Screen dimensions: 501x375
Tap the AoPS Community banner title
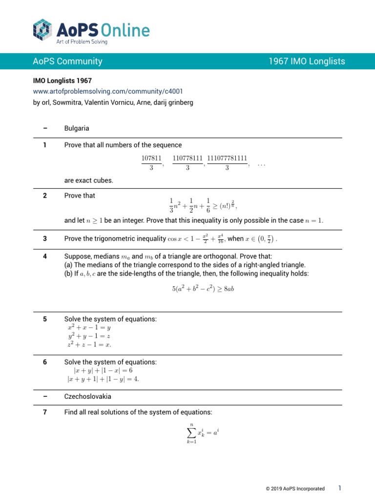click(x=67, y=61)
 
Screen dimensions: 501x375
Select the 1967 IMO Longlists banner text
click(x=307, y=61)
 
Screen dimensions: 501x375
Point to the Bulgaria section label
click(x=77, y=129)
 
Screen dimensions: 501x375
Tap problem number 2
click(x=45, y=196)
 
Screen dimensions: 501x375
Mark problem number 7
click(x=45, y=412)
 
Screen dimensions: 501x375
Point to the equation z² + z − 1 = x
click(x=89, y=344)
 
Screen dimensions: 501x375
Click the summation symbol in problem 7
click(x=192, y=433)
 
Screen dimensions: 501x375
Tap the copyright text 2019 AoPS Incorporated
click(x=295, y=489)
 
